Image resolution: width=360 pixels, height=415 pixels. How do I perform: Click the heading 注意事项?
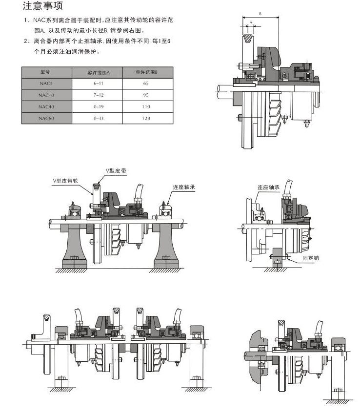(42, 6)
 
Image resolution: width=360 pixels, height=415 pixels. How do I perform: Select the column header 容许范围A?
(98, 72)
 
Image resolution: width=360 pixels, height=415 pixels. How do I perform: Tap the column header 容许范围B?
(146, 72)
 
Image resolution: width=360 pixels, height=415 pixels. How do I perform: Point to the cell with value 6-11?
(98, 83)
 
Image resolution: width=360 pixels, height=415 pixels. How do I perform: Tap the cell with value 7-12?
(98, 95)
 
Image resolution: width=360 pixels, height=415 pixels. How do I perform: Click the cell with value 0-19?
(98, 106)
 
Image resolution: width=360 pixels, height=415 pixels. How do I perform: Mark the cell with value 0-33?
(98, 118)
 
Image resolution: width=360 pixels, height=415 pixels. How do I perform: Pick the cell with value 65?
(146, 83)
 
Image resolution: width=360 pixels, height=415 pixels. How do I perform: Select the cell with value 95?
(146, 95)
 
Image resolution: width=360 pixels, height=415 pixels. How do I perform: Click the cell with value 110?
(146, 106)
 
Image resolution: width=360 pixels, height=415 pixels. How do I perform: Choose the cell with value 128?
(146, 118)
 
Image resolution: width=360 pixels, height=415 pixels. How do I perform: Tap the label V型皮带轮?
(65, 180)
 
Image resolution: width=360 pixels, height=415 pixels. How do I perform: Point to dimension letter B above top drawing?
(260, 14)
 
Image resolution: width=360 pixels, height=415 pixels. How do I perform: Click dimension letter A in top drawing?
(250, 23)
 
